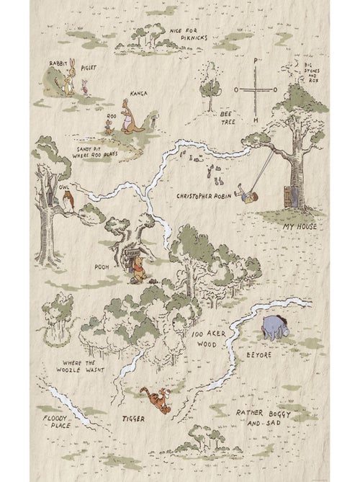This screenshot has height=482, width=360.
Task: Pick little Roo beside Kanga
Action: tap(109, 128)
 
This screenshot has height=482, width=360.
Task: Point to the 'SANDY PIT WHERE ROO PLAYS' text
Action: tap(94, 148)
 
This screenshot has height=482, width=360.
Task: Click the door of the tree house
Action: tap(289, 193)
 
